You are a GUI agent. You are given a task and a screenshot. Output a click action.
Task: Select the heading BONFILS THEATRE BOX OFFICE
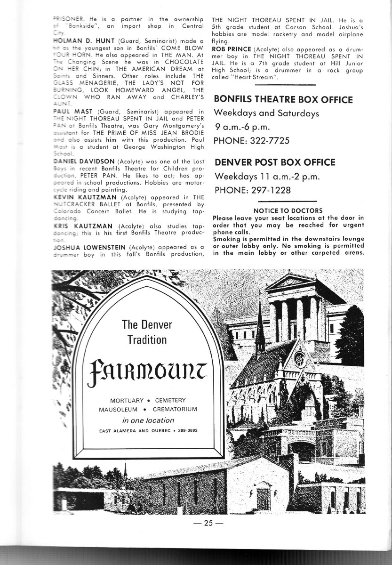pos(283,100)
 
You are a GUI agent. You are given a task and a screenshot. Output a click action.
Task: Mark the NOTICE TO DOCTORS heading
pos(288,210)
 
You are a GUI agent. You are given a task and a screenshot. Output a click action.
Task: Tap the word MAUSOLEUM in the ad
pos(118,409)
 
